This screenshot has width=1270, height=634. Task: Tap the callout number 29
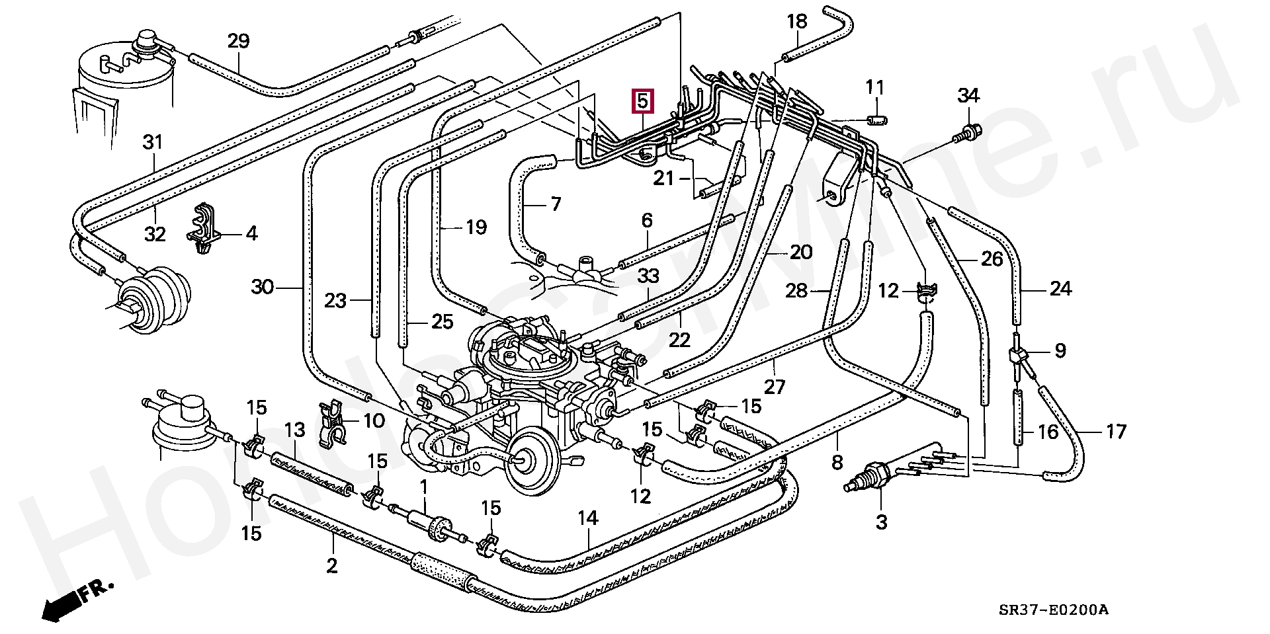point(238,42)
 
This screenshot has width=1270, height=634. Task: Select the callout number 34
point(968,96)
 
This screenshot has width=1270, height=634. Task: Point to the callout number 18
point(797,22)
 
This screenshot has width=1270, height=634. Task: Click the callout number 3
point(881,522)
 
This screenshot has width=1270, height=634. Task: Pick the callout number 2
point(332,565)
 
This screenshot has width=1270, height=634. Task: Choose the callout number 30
point(263,287)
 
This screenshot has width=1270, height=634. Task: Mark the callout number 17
point(1116,432)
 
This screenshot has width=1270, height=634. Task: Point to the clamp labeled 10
point(332,423)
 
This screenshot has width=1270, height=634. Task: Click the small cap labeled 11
point(877,119)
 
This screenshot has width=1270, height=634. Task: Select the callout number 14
point(587,518)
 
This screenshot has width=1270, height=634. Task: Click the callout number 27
point(774,387)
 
